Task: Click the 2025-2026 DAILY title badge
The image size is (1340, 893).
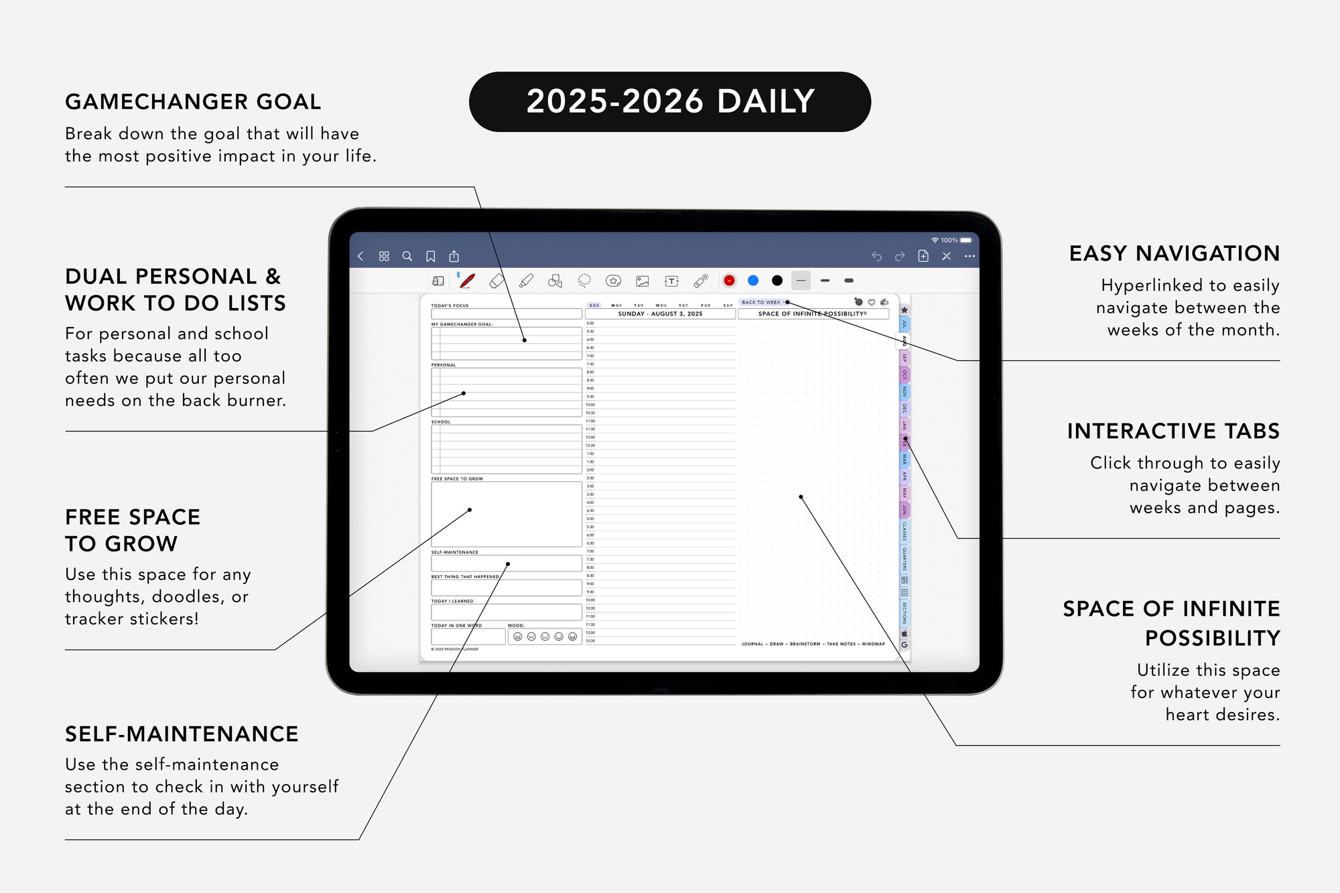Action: click(x=670, y=102)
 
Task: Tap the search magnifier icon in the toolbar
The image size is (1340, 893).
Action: click(x=407, y=256)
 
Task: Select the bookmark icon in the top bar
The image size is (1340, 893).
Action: click(x=431, y=256)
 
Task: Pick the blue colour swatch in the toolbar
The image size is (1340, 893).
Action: click(x=753, y=281)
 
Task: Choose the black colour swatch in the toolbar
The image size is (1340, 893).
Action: click(x=777, y=281)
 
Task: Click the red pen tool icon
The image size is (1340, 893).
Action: click(x=467, y=281)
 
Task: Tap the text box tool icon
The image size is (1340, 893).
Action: click(x=671, y=281)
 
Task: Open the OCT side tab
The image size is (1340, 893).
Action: click(x=904, y=374)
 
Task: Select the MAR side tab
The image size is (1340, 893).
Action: click(x=904, y=459)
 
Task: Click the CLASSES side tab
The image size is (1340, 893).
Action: click(x=904, y=531)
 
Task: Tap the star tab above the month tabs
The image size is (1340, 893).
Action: click(x=904, y=310)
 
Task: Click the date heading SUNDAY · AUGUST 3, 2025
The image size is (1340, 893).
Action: click(x=660, y=314)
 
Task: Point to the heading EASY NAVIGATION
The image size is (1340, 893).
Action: click(x=1174, y=254)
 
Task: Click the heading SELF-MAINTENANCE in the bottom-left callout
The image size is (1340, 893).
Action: click(x=182, y=734)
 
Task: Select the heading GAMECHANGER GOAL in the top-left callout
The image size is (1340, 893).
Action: click(x=193, y=102)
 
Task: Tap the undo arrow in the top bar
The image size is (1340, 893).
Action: click(x=876, y=256)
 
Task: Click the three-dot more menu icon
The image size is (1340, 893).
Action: click(x=969, y=256)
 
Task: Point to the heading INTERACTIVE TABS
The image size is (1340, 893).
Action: click(x=1173, y=431)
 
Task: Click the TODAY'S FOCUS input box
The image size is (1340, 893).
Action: click(x=506, y=314)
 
